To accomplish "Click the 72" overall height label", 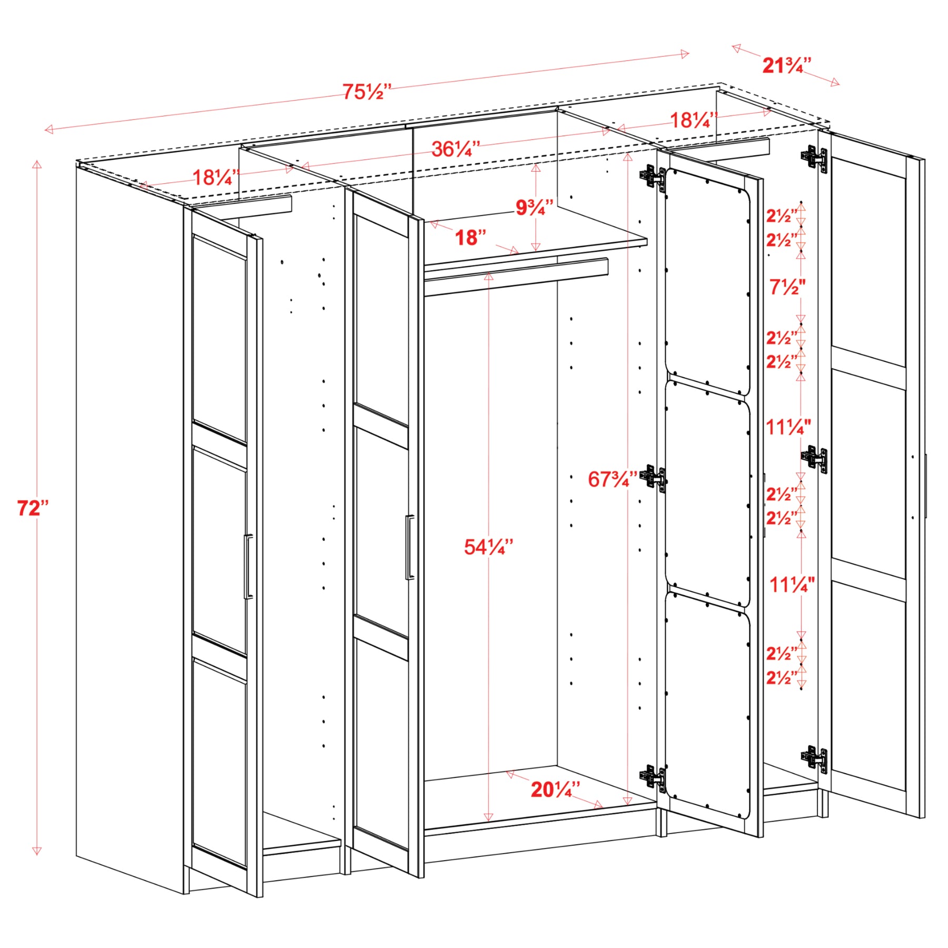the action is click(x=33, y=508).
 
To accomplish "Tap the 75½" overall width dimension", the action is click(x=367, y=92).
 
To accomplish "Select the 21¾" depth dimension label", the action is click(x=786, y=65).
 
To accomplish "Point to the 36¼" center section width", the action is click(x=456, y=149).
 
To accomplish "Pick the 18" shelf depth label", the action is click(x=470, y=238).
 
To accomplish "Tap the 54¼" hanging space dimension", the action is click(x=488, y=547).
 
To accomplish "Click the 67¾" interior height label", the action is click(x=613, y=479).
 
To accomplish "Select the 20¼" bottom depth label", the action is click(x=555, y=789).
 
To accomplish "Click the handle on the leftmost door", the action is click(x=248, y=567).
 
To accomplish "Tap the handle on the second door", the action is click(x=410, y=547).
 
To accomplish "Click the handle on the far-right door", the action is click(x=925, y=486).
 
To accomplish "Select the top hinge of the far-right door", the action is click(x=814, y=157).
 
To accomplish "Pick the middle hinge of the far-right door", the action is click(x=814, y=458).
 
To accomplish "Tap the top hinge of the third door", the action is click(x=653, y=177).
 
